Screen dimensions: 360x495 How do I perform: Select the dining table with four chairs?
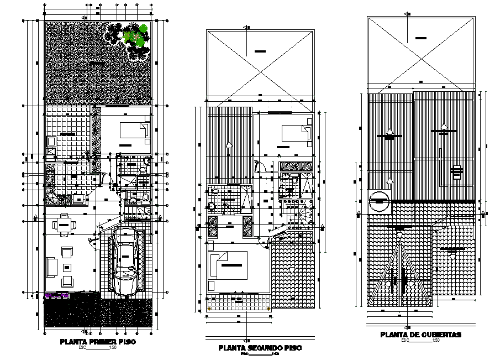64,225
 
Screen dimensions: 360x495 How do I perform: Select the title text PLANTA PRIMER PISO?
98,342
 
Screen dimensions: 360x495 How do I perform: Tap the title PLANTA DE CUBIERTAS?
420,335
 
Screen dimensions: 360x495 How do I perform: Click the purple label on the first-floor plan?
56,296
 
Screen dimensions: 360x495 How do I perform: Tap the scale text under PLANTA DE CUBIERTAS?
420,341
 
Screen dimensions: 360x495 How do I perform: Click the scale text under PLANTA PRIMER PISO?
98,348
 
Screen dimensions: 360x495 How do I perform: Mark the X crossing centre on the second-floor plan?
260,51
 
